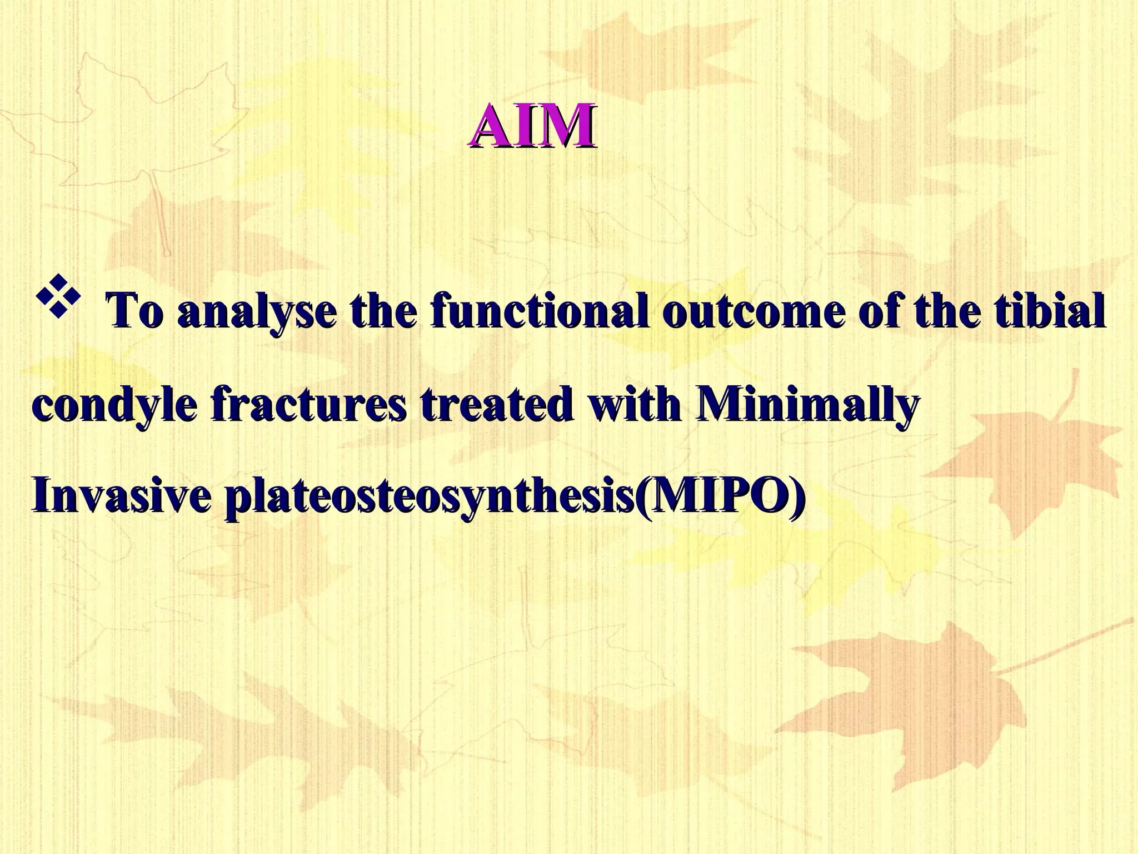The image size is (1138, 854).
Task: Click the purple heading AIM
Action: tap(532, 126)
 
